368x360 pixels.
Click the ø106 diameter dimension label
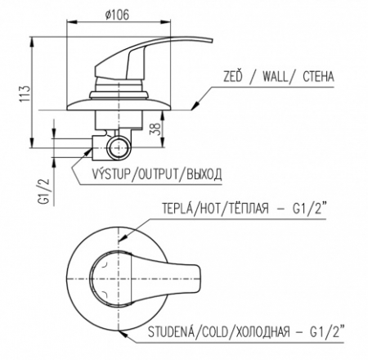click(117, 15)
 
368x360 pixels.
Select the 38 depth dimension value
click(155, 128)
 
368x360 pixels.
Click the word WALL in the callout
click(275, 77)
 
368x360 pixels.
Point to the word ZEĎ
click(232, 76)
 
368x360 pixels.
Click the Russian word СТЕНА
click(318, 77)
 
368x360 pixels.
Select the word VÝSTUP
click(111, 173)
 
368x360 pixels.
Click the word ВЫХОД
click(204, 174)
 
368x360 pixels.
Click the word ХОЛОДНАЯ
click(263, 332)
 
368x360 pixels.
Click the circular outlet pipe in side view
click(118, 148)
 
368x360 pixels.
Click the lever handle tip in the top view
click(199, 279)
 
